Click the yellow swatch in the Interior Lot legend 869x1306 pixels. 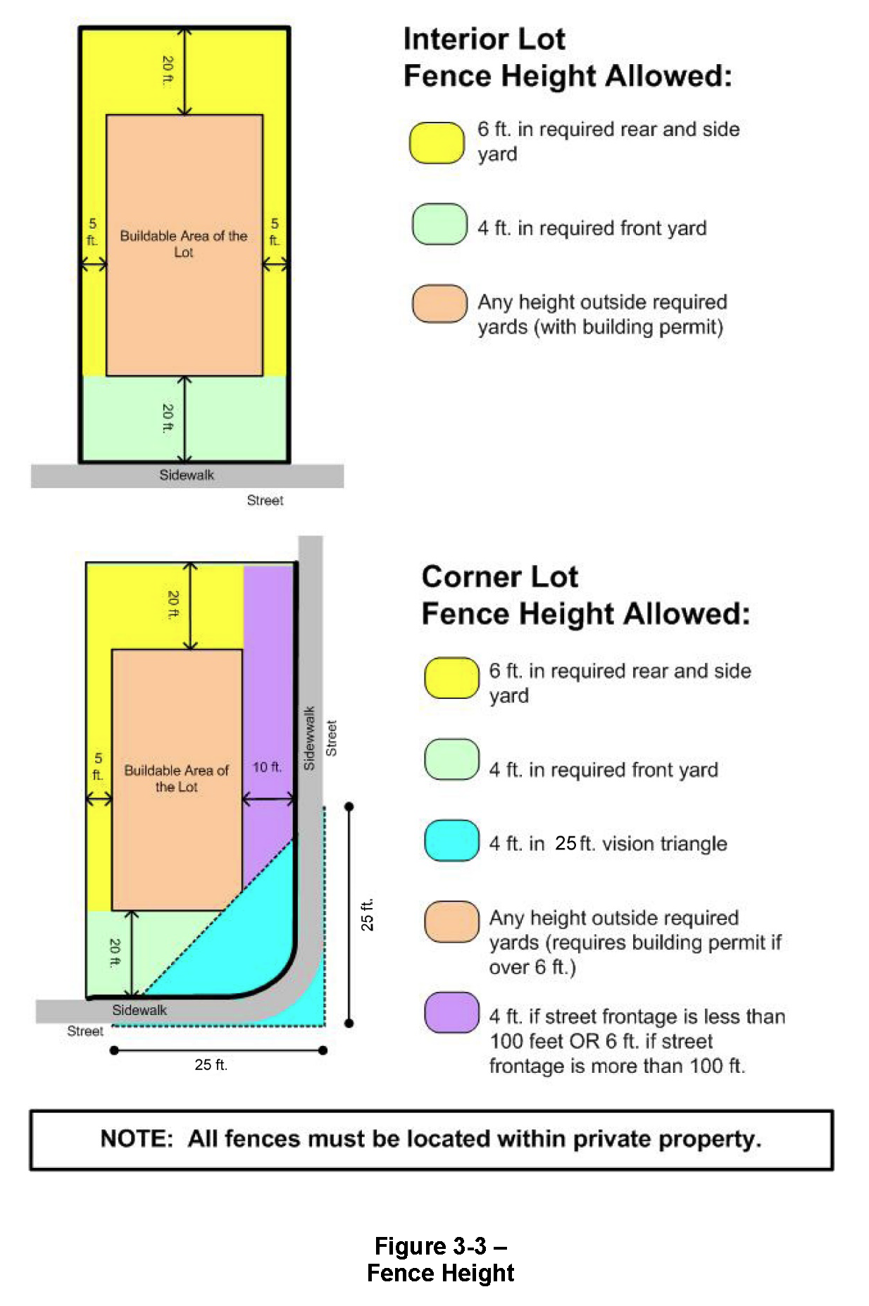click(437, 143)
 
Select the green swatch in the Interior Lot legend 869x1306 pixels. click(439, 224)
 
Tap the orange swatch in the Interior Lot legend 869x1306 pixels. click(439, 304)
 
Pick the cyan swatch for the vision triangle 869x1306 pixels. click(451, 840)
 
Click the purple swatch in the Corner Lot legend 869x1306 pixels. click(451, 1012)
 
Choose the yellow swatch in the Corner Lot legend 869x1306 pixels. click(451, 678)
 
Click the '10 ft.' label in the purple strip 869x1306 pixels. click(267, 767)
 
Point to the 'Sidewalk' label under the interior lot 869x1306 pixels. click(187, 475)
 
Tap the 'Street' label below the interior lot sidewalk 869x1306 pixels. click(265, 500)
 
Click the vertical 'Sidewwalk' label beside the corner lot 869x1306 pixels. click(308, 738)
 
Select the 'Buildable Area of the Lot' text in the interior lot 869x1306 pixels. click(184, 244)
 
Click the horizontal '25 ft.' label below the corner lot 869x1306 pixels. click(211, 1064)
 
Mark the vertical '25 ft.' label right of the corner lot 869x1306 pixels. click(367, 914)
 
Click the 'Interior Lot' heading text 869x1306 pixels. click(484, 39)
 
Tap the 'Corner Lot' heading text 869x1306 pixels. click(499, 576)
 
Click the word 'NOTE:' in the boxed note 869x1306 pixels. click(137, 1138)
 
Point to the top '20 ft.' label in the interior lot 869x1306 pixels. click(168, 70)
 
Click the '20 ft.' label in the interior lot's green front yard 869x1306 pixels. click(168, 418)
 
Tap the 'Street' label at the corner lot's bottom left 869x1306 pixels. click(85, 1031)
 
